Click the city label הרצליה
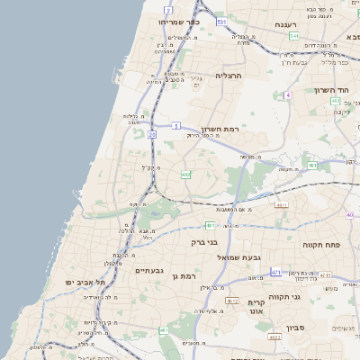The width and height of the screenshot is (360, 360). (230, 76)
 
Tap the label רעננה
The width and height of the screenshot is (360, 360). (285, 24)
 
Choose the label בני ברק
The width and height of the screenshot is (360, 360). (205, 241)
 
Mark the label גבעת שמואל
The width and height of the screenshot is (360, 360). (239, 257)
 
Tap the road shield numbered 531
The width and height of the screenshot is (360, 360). (221, 21)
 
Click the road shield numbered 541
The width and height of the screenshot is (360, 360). (294, 36)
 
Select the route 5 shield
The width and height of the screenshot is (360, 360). (176, 125)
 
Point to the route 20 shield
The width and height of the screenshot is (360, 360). (152, 134)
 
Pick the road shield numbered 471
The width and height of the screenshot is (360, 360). (275, 271)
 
